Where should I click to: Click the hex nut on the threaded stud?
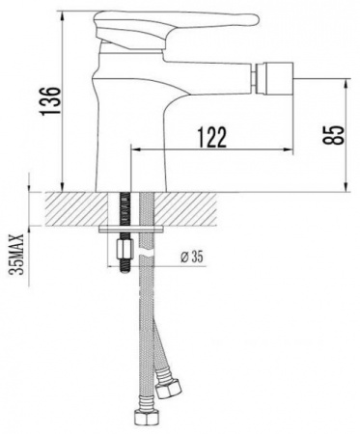pos(124,254)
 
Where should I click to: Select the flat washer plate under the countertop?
pos(135,231)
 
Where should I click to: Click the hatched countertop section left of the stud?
pos(77,207)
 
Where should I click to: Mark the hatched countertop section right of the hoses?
pos(241,207)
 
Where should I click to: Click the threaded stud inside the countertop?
pos(124,207)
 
